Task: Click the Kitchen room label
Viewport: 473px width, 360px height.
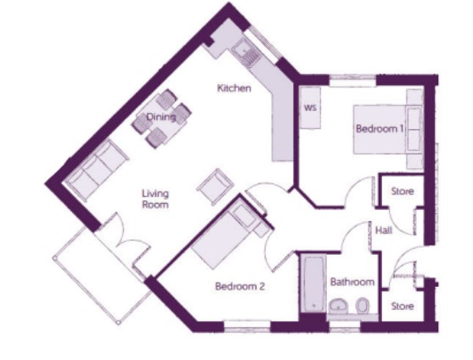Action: tap(234, 88)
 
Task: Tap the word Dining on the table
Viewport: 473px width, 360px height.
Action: tap(161, 116)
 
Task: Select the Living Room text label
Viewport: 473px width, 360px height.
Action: tap(155, 199)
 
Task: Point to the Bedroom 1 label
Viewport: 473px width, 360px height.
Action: tap(380, 129)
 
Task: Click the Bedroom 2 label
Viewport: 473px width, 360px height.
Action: tap(239, 286)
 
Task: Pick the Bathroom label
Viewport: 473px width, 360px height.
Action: tap(352, 282)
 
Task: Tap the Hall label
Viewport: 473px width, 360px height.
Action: tap(384, 230)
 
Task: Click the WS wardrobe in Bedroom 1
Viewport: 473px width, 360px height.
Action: tap(310, 108)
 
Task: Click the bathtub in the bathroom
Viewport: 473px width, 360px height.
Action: tap(313, 284)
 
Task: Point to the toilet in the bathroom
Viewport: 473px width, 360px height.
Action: tap(363, 306)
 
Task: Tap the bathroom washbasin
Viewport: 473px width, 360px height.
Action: tap(339, 307)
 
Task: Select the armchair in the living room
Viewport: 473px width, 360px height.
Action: tap(216, 187)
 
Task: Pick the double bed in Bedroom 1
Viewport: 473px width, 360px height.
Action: tap(387, 129)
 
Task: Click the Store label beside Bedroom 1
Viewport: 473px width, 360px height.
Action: tap(403, 191)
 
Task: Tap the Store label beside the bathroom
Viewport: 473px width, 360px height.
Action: tap(403, 306)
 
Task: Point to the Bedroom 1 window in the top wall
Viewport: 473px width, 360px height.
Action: tap(352, 80)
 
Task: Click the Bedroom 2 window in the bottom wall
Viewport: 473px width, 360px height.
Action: tap(247, 326)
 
